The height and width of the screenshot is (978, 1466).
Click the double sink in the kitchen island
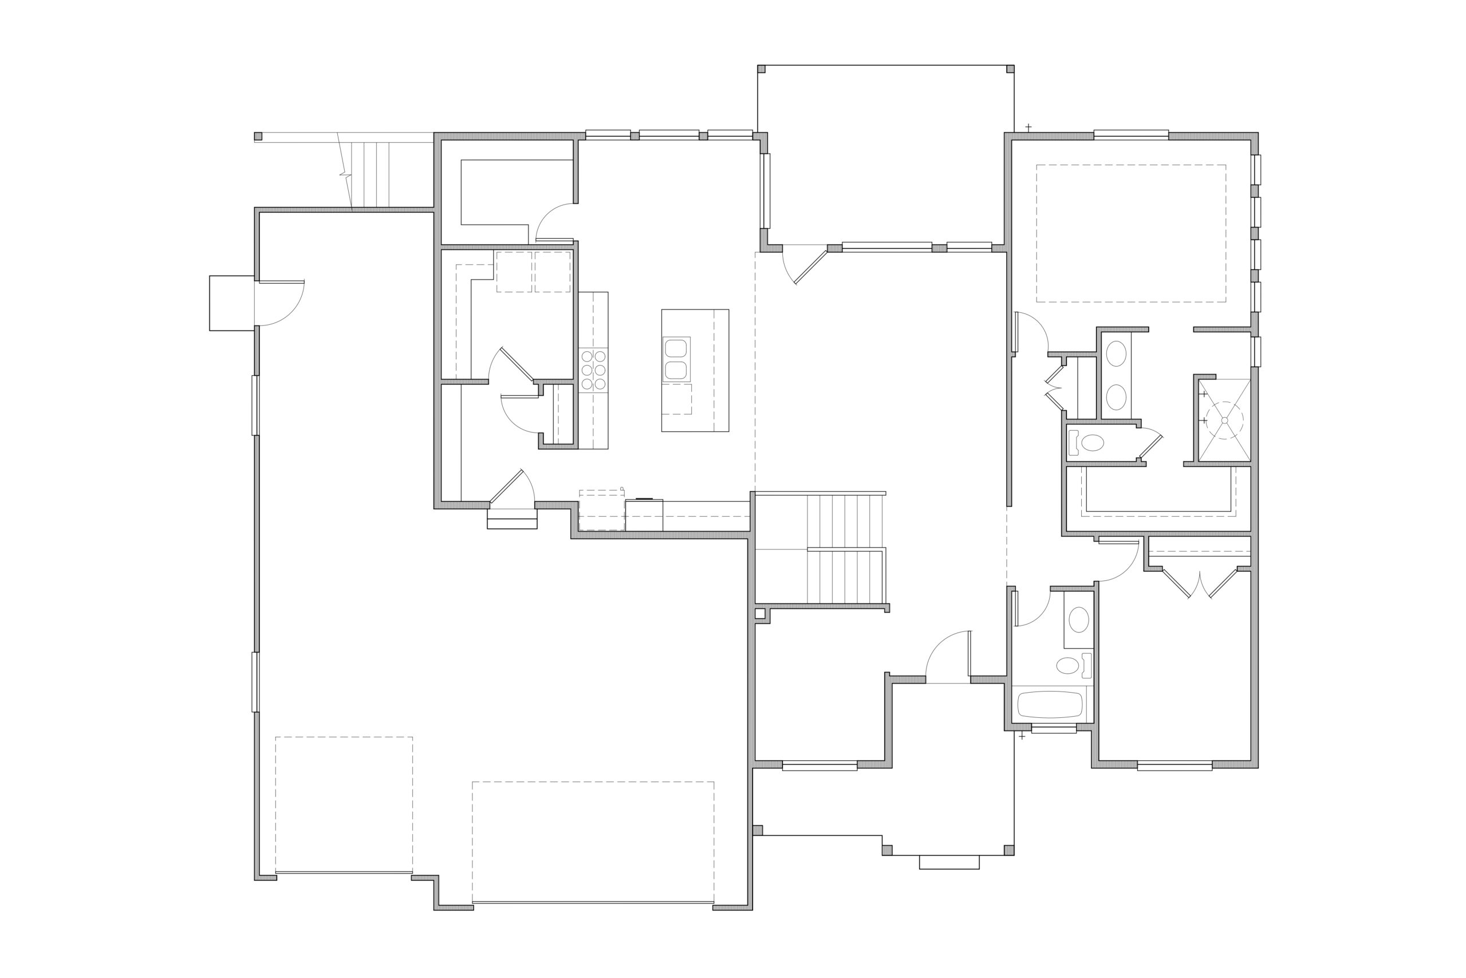pos(676,359)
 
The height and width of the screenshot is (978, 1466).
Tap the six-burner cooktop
pos(593,370)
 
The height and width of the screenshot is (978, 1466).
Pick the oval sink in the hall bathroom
pos(1078,619)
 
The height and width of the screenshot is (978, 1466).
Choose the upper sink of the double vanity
pos(1116,354)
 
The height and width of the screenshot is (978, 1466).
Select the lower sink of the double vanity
pos(1116,397)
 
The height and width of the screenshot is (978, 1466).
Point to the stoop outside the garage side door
pos(231,303)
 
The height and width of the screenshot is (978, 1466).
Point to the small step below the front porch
pos(949,862)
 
